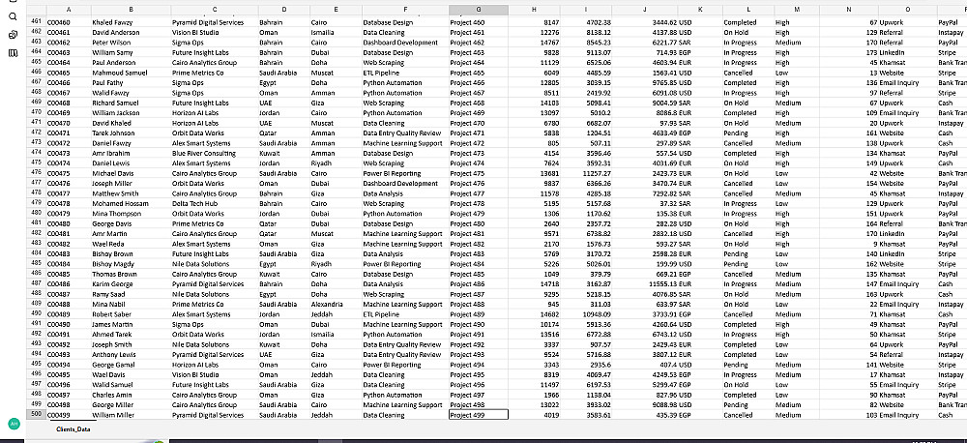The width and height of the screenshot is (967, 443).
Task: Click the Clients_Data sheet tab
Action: [x=73, y=428]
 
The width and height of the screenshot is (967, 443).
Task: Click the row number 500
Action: [x=36, y=414]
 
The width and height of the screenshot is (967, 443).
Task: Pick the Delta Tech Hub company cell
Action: [x=196, y=203]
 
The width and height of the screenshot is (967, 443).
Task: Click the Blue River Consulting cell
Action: [x=203, y=152]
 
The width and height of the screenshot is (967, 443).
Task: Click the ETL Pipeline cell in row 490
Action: [x=380, y=313]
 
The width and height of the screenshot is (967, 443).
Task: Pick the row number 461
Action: [x=36, y=19]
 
